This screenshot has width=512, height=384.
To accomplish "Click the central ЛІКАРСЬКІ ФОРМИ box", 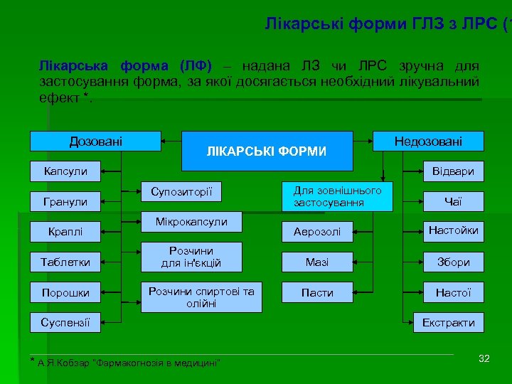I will pos(267,151).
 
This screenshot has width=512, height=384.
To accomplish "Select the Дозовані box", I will pos(95,142).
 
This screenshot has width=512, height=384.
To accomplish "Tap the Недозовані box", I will pos(428,142).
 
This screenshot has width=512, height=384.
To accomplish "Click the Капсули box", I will pos(65,171).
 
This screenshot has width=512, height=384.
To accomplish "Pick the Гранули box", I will pos(65,202).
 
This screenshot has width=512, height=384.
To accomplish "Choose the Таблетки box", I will pos(65,262).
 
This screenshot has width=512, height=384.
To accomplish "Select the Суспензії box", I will pos(65,323).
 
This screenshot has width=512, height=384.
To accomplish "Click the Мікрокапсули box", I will pos(191,222).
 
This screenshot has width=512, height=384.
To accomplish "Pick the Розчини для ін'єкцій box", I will pos(191,257).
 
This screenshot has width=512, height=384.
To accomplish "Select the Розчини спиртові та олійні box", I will pos(201,297).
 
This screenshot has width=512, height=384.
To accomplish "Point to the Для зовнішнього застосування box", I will pos(338,197).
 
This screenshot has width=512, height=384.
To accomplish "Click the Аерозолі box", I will pos(317,232).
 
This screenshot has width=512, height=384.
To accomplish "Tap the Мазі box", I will pos(317,262).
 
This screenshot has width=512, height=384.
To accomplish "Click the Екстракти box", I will pos(449,323).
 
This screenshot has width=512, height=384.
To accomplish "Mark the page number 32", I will pos(484,358).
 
